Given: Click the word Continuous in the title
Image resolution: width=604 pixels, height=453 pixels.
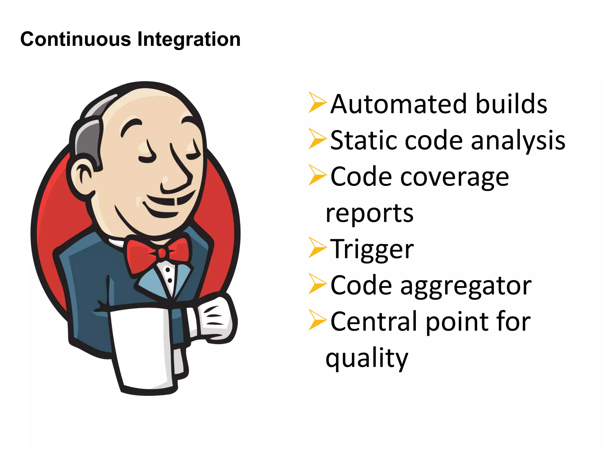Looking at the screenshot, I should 75,39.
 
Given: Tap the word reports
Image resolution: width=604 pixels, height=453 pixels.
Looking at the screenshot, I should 369,214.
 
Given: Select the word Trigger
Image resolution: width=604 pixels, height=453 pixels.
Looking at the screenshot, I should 372,250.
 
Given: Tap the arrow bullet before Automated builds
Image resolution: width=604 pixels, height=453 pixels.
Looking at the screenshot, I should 317,102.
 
